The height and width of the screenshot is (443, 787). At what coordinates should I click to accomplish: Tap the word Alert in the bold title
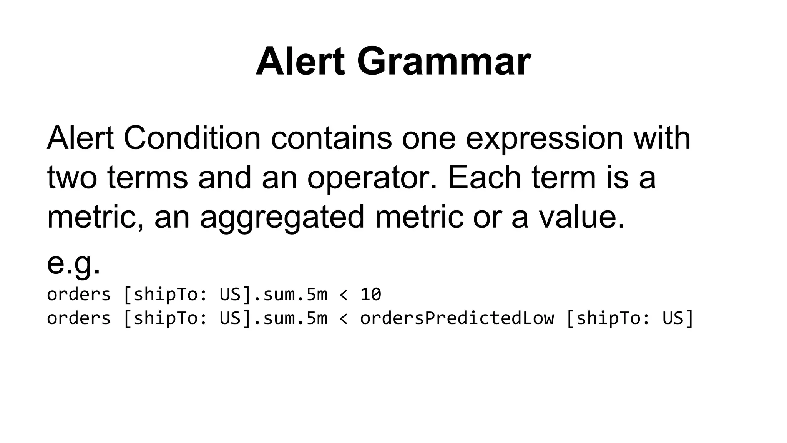[300, 62]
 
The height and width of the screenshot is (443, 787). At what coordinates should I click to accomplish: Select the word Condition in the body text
[192, 138]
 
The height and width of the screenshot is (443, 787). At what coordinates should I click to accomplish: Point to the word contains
[331, 138]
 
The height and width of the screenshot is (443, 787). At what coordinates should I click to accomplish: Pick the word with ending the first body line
[662, 138]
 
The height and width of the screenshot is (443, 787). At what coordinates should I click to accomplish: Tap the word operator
[372, 178]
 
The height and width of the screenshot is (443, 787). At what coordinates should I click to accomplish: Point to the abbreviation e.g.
[73, 264]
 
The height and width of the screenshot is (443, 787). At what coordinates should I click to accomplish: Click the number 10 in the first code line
[370, 295]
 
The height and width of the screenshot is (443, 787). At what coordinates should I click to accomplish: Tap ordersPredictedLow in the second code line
[457, 318]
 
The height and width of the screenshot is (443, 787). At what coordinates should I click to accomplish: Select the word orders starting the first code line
[79, 295]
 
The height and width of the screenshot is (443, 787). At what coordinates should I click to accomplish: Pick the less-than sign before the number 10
[344, 295]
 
